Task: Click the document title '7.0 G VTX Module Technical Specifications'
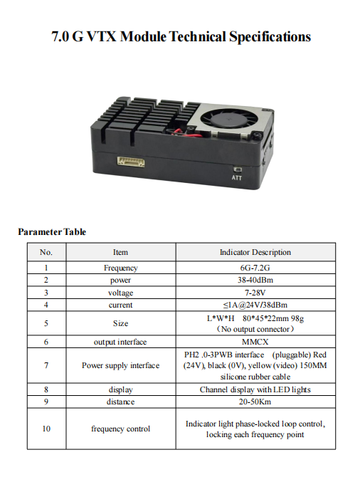[181, 36]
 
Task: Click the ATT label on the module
[236, 177]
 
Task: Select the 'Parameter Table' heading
[52, 231]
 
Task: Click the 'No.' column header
[46, 252]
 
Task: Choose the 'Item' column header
[120, 252]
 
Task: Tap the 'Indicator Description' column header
[255, 252]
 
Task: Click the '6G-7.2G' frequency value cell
[255, 268]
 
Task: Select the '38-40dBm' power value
[255, 281]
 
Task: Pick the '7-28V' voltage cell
[255, 293]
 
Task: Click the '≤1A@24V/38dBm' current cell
[255, 305]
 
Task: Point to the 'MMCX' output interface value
[255, 342]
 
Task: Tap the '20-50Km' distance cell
[255, 402]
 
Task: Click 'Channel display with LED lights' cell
[255, 389]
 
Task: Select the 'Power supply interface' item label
[120, 365]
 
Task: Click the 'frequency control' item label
[120, 429]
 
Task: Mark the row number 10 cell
[46, 429]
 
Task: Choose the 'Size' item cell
[120, 323]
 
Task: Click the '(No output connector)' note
[255, 329]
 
